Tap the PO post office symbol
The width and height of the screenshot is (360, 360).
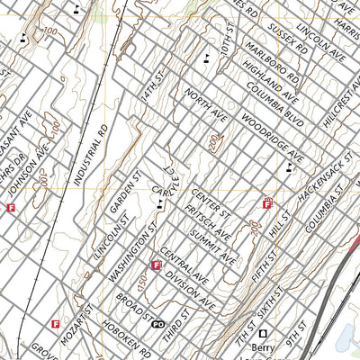coord(158,323)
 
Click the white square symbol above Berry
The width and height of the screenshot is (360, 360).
coord(264,332)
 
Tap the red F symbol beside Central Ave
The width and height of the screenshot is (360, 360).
coord(157,265)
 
